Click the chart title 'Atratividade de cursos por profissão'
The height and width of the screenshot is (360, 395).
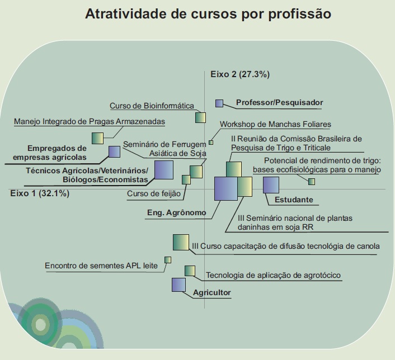point(208,14)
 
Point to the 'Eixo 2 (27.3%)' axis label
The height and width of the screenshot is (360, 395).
point(240,74)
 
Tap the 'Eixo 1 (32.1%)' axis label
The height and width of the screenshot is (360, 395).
point(40,193)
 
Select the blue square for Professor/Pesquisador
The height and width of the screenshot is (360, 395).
point(219,103)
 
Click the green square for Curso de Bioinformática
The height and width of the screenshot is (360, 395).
point(200,117)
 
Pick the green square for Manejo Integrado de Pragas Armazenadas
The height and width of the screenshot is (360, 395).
point(97,138)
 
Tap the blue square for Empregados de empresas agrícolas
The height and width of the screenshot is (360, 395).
point(114,151)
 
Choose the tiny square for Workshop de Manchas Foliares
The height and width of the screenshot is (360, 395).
point(211,143)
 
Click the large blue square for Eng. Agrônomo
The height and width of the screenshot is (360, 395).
point(226,188)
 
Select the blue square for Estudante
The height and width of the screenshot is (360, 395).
point(271,185)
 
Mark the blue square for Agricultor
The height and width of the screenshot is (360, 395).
point(178,285)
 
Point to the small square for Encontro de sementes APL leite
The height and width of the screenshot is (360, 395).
point(168,260)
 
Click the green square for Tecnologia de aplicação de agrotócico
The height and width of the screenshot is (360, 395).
point(190,271)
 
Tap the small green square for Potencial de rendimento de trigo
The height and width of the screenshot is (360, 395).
point(312,182)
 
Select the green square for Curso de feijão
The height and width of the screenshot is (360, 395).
point(186,180)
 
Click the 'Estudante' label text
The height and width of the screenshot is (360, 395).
point(294,200)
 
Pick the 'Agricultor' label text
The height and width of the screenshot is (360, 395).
point(212,292)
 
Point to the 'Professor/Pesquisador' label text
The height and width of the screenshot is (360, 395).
point(280,102)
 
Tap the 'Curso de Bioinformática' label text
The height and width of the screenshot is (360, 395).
point(152,106)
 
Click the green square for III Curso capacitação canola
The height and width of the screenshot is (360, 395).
point(181,243)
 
